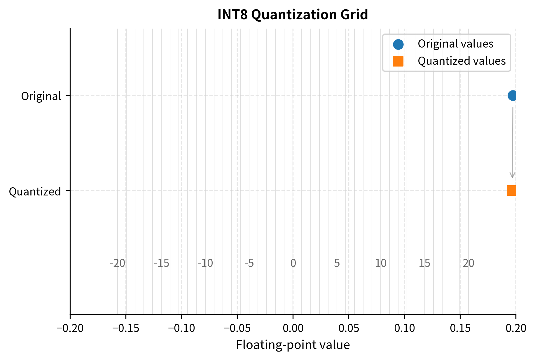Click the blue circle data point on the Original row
coord(512,95)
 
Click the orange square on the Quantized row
coord(512,191)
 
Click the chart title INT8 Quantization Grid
coord(293,15)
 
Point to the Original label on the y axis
coord(41,96)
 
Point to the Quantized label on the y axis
coord(35,192)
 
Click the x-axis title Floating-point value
coord(293,345)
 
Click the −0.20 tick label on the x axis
coord(70,328)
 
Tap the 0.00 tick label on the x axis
coord(293,328)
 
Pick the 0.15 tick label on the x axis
coord(460,328)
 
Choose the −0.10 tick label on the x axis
coord(181,328)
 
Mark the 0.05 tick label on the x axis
coord(349,328)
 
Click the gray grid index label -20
coord(117,263)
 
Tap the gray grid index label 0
coord(293,263)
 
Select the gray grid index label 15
coord(424,263)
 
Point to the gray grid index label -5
coord(249,263)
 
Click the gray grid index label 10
coord(380,263)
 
